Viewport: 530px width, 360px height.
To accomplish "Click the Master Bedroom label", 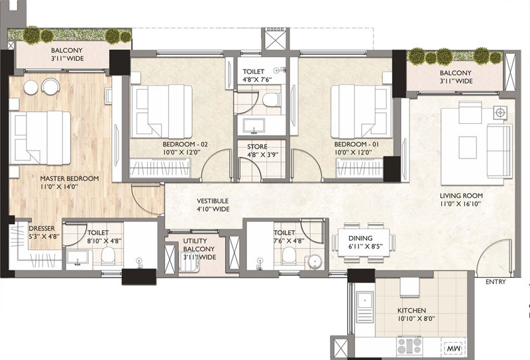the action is click(70, 178).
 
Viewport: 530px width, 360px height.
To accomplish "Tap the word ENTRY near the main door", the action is click(496, 282).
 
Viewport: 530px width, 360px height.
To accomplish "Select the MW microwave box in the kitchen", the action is click(454, 347).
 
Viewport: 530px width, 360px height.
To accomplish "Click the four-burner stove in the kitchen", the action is click(409, 345).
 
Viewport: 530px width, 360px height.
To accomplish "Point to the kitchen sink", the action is click(365, 307).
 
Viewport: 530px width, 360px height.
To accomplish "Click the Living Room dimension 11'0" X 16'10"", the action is click(460, 204).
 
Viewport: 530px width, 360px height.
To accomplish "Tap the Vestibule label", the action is click(213, 201).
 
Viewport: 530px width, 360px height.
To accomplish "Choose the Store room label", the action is click(257, 147).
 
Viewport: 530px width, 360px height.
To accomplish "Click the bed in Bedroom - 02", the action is click(162, 111).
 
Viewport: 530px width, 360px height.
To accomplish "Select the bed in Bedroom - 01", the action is click(361, 111).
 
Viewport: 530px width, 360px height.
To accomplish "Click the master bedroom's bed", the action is click(40, 138).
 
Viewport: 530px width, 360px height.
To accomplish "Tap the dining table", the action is click(364, 241).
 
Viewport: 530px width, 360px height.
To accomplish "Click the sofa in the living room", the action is click(499, 150).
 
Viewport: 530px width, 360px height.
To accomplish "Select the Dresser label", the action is click(42, 228).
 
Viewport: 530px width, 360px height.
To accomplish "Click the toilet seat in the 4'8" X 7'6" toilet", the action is click(271, 100).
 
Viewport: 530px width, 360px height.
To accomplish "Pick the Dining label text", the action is click(360, 238).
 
